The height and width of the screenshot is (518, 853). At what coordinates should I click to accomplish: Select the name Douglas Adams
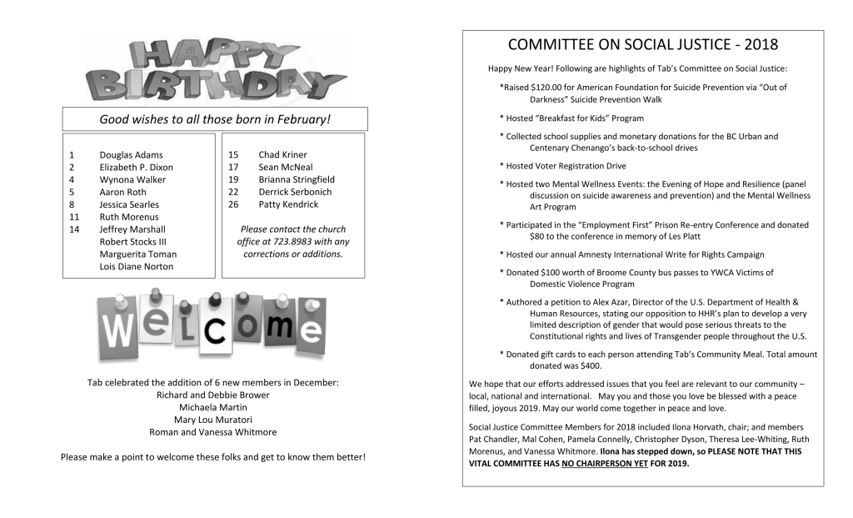pyautogui.click(x=131, y=155)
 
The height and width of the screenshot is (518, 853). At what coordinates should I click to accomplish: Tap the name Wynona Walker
pyautogui.click(x=132, y=179)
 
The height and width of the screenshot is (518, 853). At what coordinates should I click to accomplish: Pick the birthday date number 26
pyautogui.click(x=233, y=204)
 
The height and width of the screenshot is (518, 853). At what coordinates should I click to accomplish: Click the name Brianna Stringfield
pyautogui.click(x=297, y=179)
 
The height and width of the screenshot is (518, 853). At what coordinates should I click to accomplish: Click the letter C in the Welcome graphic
pyautogui.click(x=216, y=329)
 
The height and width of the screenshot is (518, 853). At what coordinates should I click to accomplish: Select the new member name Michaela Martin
pyautogui.click(x=213, y=407)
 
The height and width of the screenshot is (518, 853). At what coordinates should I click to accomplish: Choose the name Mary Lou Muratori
pyautogui.click(x=213, y=420)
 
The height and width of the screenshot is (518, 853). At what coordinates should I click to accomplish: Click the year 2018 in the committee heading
pyautogui.click(x=761, y=45)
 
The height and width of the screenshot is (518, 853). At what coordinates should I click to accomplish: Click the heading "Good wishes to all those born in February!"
pyautogui.click(x=215, y=119)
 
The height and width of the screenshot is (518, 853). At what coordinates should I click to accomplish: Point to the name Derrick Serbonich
pyautogui.click(x=295, y=192)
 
